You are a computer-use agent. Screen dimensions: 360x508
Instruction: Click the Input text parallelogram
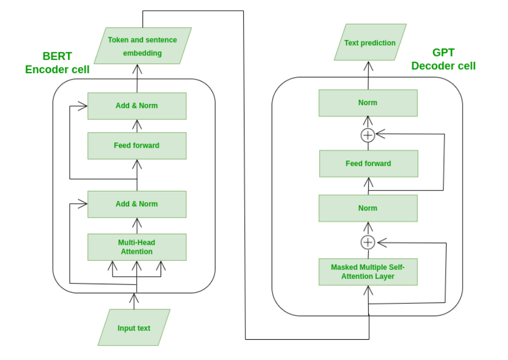tap(134, 327)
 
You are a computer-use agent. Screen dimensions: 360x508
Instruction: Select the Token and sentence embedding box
tap(142, 46)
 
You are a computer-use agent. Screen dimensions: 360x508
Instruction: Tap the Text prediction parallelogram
tap(370, 43)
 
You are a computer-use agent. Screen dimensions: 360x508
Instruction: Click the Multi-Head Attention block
tap(137, 247)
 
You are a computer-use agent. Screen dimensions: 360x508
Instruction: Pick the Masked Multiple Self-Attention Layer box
tap(368, 271)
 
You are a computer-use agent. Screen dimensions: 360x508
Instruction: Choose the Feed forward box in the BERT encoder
tap(137, 146)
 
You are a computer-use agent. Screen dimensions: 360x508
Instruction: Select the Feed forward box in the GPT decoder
tap(368, 164)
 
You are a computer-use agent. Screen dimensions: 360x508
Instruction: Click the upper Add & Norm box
tap(137, 106)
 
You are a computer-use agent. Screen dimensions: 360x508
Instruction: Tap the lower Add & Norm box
tap(137, 204)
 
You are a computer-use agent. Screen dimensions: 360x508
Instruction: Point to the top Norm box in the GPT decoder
tap(368, 102)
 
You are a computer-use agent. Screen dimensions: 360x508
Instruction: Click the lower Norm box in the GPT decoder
tap(368, 208)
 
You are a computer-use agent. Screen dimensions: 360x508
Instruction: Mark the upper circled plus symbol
tap(368, 135)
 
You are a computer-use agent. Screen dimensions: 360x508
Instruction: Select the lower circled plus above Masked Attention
tap(368, 243)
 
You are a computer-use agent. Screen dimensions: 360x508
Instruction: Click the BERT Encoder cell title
tap(57, 63)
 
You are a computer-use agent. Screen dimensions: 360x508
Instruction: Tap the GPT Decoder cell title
tap(443, 59)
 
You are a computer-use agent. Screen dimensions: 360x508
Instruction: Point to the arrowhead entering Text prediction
tap(368, 66)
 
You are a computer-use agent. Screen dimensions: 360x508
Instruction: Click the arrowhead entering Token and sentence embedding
tap(137, 69)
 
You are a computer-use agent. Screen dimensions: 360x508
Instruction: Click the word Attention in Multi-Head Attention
tap(137, 252)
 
